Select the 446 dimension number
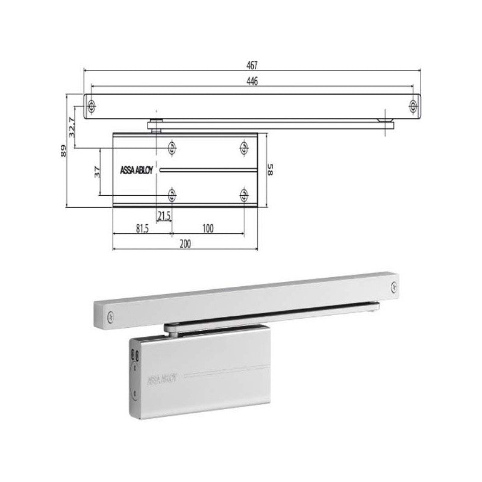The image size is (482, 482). point(252,82)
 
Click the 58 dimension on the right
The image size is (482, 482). point(271,171)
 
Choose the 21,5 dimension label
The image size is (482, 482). point(164,216)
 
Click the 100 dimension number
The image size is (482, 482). point(208,229)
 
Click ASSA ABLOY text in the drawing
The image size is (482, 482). point(136,171)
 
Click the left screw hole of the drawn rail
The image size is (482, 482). point(92,107)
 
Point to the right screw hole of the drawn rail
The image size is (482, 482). point(413,107)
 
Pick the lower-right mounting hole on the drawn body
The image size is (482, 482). point(244,194)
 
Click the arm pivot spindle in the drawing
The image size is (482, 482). point(156,125)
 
